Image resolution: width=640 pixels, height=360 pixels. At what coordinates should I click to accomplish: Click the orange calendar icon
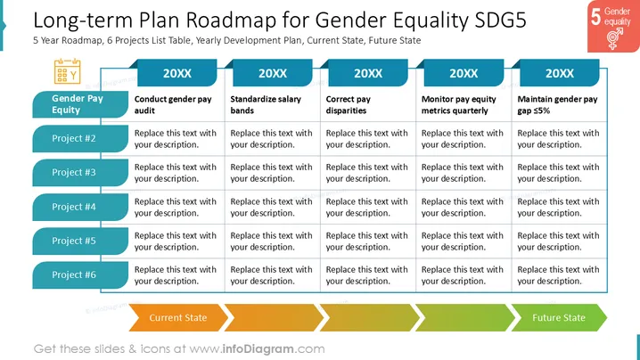[68, 71]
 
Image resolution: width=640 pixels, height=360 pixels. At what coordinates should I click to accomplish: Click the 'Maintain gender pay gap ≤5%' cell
[558, 104]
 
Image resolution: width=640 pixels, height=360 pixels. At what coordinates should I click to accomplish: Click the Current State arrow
[178, 317]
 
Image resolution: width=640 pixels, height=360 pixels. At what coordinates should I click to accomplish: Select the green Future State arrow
[559, 317]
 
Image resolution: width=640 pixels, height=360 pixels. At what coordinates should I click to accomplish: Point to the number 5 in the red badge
[596, 17]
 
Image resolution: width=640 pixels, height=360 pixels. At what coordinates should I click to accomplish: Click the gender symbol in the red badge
[614, 39]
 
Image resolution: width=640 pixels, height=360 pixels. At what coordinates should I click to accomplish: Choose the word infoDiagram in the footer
[258, 349]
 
